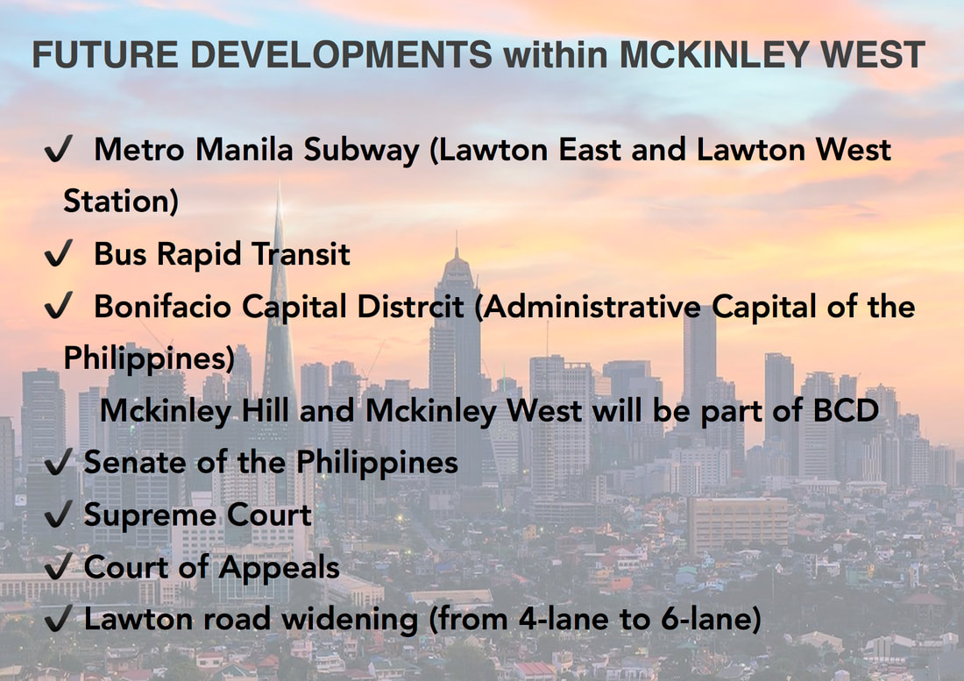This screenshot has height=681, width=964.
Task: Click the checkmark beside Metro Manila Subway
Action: (x=59, y=149)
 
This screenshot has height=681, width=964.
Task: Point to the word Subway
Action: (x=361, y=151)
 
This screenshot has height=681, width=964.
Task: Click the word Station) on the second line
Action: (x=121, y=202)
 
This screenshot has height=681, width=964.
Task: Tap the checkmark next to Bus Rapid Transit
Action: (x=59, y=253)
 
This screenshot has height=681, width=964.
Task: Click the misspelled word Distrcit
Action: (x=410, y=307)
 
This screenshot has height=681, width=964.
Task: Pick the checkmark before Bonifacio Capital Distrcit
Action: (x=59, y=306)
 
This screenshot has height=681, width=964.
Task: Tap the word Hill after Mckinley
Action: (x=265, y=410)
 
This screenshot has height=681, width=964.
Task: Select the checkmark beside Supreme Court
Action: (x=59, y=514)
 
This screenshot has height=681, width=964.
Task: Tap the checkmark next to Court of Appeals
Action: (x=59, y=567)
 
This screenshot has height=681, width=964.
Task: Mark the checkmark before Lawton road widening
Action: (x=59, y=618)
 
